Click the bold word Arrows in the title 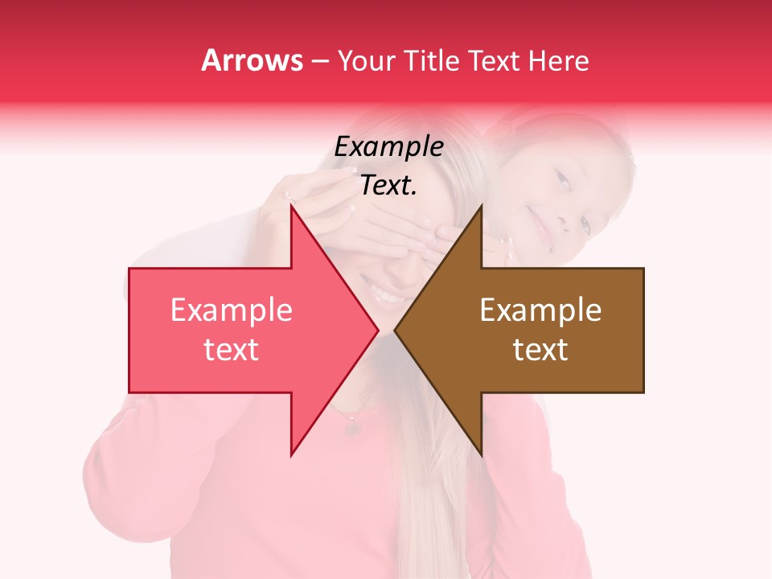pos(253,60)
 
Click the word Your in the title pos(365,60)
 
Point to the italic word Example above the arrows pos(388,147)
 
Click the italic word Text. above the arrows pos(388,186)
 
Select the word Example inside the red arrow pos(231,310)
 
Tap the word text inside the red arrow pos(231,350)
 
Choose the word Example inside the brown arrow pos(540,310)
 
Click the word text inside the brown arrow pos(540,350)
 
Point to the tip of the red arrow pos(378,331)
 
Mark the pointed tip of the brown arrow pos(395,331)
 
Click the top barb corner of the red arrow pos(291,206)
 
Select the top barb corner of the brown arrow pos(482,206)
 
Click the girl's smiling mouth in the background pos(541,214)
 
